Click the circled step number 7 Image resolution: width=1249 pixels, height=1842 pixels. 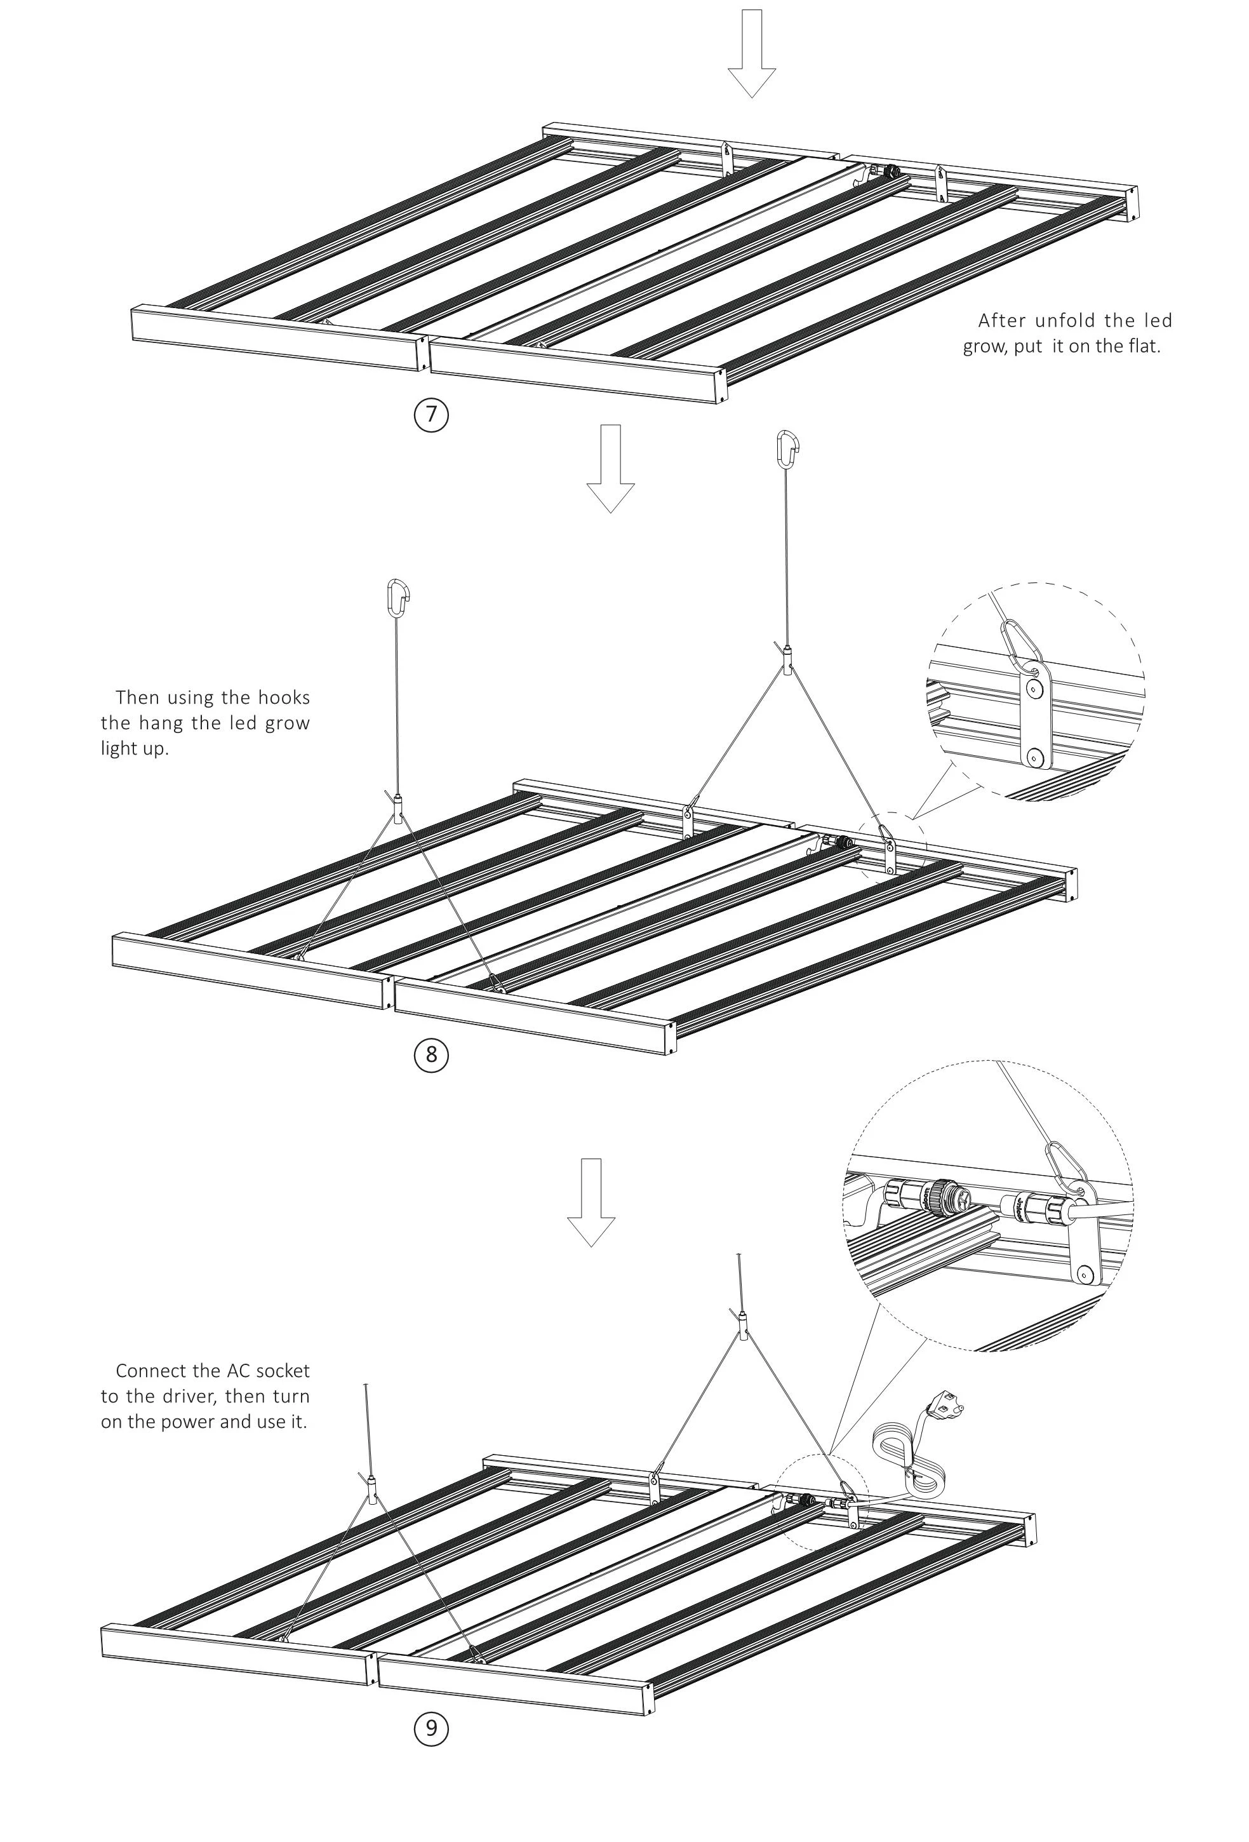tap(431, 415)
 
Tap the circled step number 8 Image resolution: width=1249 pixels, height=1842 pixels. tap(431, 1054)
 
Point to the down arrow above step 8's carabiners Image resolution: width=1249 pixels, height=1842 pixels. tap(610, 467)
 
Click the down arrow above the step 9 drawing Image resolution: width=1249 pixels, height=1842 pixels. tap(591, 1202)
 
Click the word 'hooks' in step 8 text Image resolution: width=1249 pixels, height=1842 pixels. tap(284, 697)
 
